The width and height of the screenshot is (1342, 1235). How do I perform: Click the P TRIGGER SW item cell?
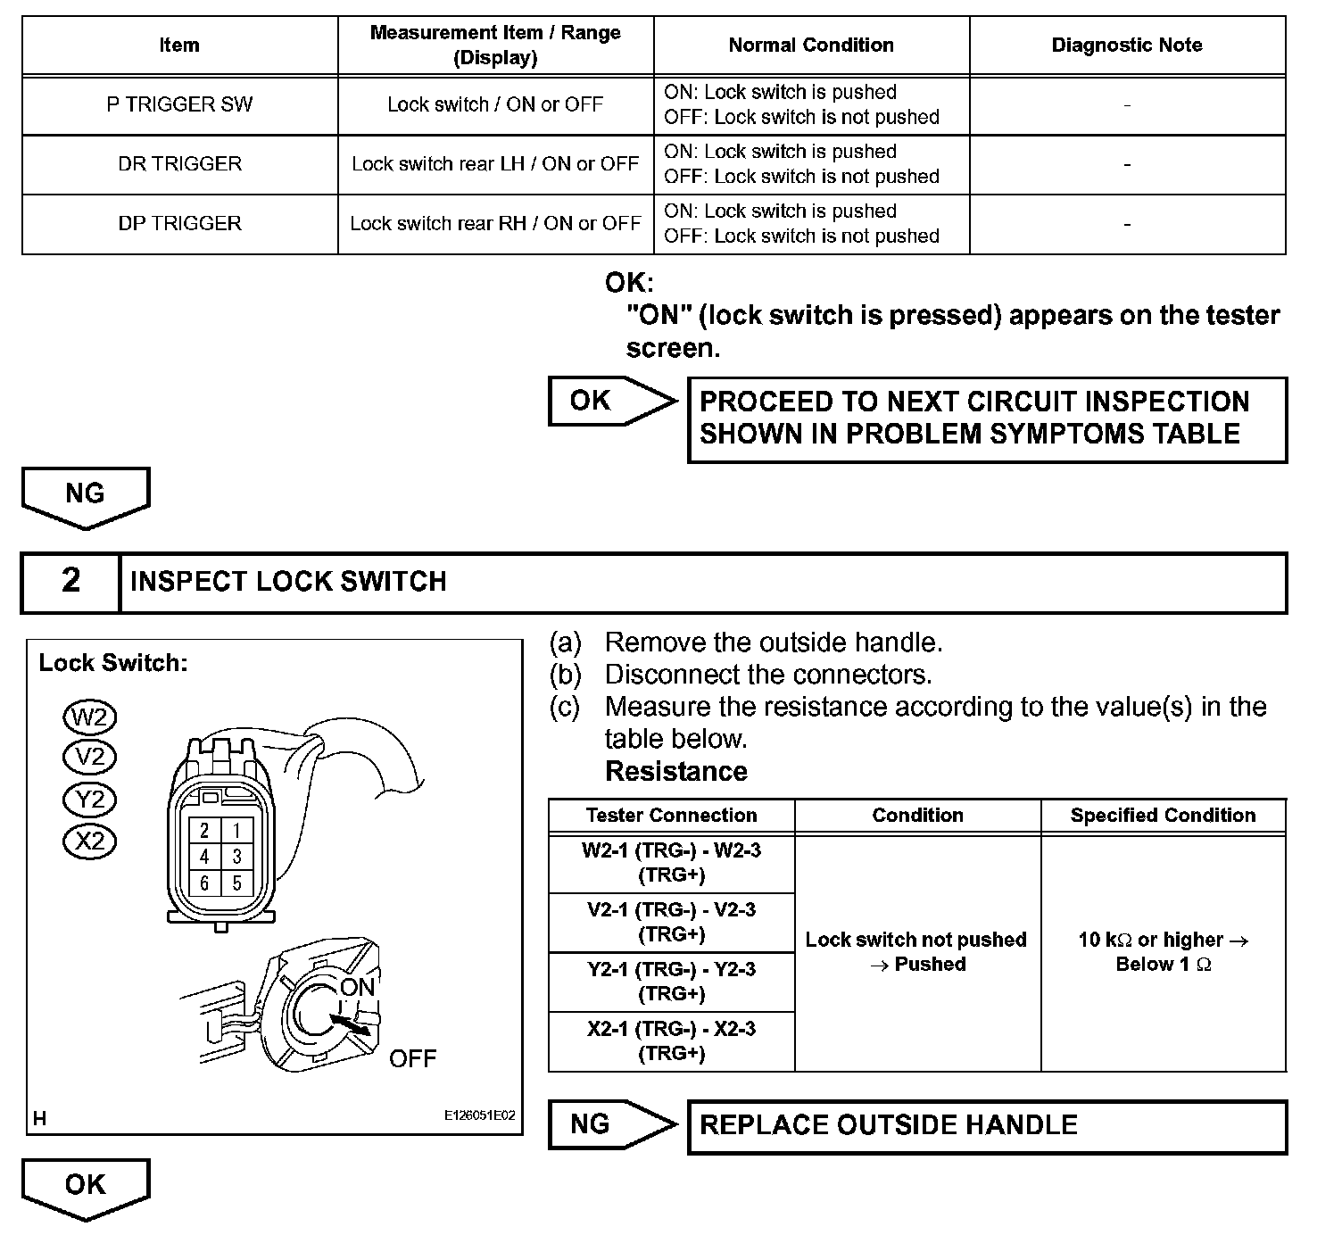[179, 104]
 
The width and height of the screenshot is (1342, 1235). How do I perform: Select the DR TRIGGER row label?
[179, 164]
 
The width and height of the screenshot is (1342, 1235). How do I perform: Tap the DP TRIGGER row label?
[179, 223]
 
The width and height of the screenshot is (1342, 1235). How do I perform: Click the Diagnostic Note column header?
[1126, 46]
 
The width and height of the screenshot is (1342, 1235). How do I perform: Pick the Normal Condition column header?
[810, 46]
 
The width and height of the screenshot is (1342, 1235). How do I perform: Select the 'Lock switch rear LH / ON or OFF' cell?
[495, 164]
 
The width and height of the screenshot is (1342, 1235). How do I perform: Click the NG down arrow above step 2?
[86, 496]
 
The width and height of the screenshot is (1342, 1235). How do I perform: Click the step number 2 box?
[70, 582]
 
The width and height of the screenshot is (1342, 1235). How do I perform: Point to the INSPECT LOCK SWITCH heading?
[288, 582]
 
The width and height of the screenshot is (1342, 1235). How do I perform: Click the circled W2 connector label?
[90, 717]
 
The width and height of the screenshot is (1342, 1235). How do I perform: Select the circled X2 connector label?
[90, 841]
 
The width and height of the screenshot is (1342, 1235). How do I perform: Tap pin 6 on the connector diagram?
[204, 883]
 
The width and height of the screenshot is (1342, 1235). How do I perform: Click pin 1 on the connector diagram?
[236, 831]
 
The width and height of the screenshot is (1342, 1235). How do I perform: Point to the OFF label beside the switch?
[412, 1059]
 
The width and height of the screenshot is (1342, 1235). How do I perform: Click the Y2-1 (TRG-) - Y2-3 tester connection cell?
[671, 982]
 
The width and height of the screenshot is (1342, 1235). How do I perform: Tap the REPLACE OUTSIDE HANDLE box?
[987, 1126]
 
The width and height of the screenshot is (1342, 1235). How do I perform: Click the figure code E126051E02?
[479, 1115]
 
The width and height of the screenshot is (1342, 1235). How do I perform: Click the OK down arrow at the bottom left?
[86, 1187]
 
